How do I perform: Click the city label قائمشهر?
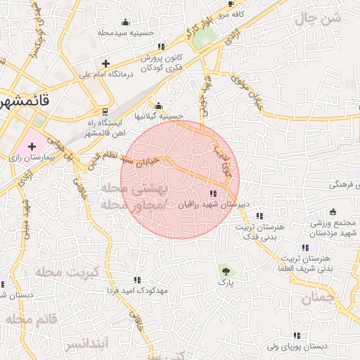click(x=25, y=100)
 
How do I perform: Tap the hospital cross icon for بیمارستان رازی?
click(x=31, y=146)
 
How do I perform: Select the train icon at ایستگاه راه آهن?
click(x=105, y=112)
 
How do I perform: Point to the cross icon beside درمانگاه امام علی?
click(x=106, y=63)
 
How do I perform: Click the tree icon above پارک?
click(x=224, y=270)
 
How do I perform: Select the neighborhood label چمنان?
click(x=316, y=299)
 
